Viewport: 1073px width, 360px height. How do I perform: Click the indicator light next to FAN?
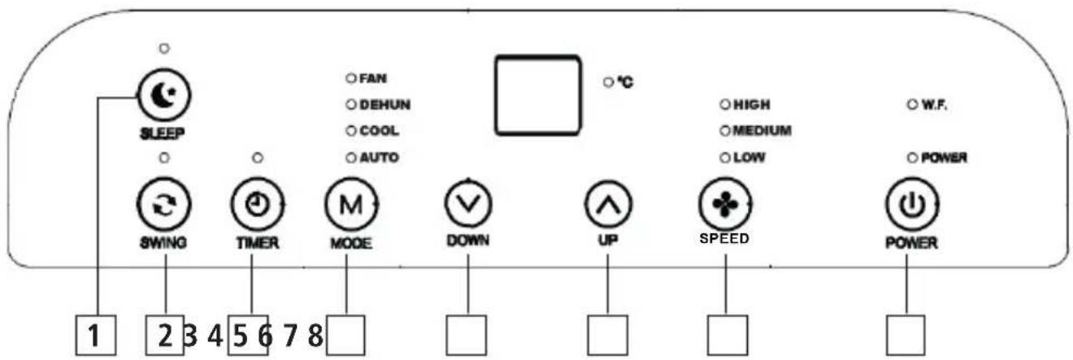[351, 79]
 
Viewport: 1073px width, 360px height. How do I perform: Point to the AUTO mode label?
[379, 157]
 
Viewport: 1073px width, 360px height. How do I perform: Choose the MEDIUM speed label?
[762, 130]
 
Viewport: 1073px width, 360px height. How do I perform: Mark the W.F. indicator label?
[932, 105]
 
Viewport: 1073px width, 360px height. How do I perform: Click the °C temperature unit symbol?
[624, 82]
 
